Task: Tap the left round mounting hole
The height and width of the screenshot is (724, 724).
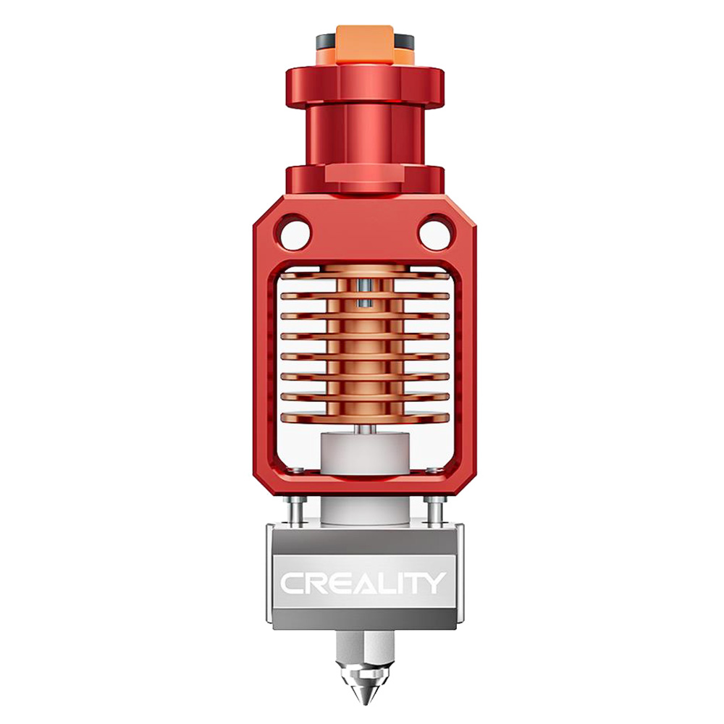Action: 293,233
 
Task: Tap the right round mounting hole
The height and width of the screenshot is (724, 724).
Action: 435,233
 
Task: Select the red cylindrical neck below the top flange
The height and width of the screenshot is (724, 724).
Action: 365,134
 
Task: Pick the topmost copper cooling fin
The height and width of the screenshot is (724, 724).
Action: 365,276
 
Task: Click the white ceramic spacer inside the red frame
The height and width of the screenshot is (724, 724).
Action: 365,452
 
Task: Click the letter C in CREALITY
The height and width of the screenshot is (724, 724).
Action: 292,584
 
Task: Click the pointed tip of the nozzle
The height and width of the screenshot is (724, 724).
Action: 365,699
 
